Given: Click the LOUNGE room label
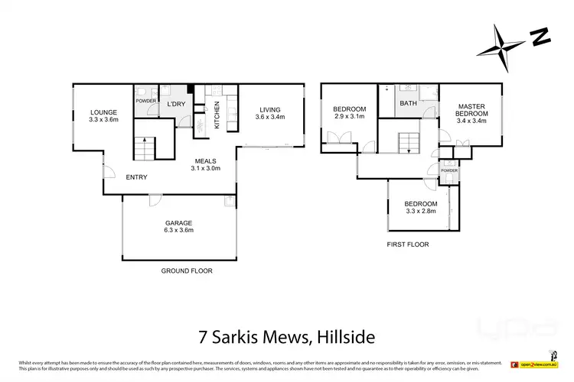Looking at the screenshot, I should (102, 116).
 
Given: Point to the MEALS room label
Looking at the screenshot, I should (205, 164).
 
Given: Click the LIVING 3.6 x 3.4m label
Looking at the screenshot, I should (270, 113).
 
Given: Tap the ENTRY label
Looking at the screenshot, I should (136, 177).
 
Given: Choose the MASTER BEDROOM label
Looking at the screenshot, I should (472, 113).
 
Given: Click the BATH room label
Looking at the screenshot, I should (408, 103).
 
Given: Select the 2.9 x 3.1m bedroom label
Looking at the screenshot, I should (349, 113).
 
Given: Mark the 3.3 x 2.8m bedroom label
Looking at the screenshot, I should (421, 207).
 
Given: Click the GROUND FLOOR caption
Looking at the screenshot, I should (187, 270).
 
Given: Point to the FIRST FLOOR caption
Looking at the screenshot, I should (407, 244).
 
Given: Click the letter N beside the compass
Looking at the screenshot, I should (541, 35).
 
